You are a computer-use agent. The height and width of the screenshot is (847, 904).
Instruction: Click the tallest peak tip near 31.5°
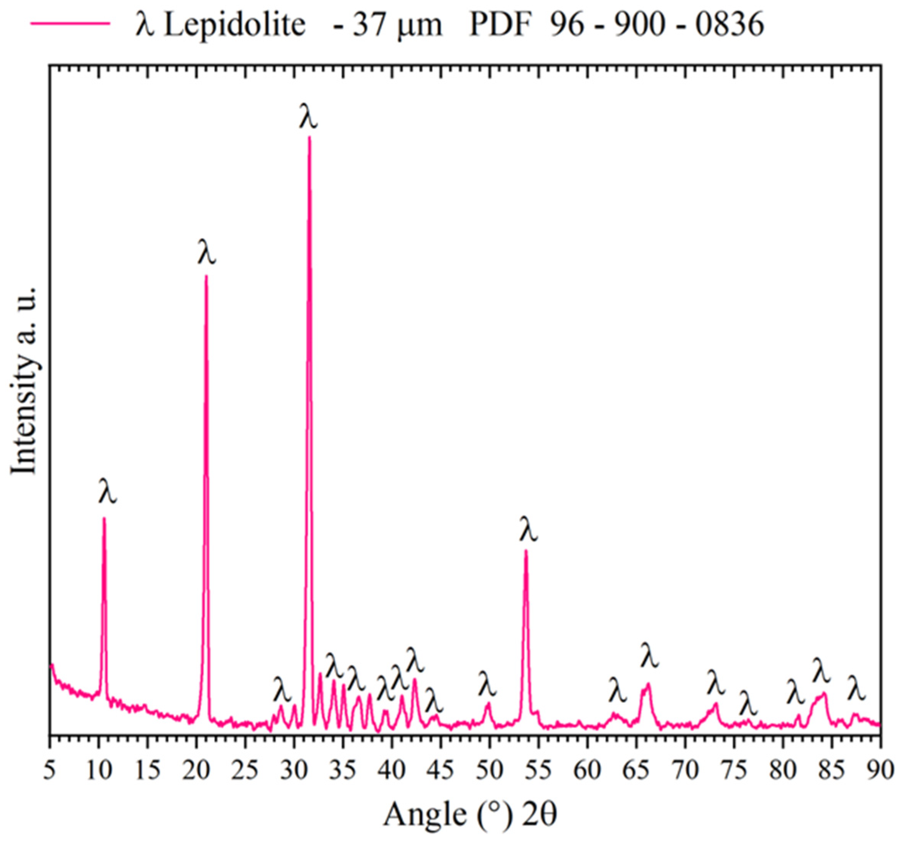coord(310,137)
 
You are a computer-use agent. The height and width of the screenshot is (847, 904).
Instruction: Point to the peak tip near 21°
coord(206,276)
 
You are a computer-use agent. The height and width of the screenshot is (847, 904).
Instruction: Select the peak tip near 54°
coord(526,551)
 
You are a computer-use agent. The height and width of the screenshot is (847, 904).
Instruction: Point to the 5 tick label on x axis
coord(49,771)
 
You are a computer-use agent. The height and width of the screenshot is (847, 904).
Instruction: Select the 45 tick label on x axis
coord(441,771)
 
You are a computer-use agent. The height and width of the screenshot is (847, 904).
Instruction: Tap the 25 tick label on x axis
coord(245,771)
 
